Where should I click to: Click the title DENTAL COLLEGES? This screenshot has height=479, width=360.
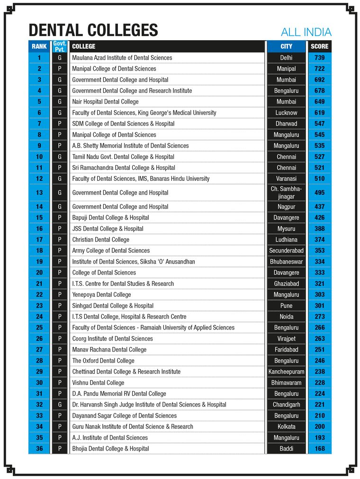coord(93,31)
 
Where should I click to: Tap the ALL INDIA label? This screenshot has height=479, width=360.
coord(306,32)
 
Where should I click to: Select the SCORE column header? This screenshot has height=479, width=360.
coord(319,46)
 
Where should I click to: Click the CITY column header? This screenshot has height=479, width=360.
coord(286,46)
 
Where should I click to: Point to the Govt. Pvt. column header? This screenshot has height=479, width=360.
coord(60,46)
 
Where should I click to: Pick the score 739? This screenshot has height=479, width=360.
coord(319,58)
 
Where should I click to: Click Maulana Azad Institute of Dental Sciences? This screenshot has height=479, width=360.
coord(122,58)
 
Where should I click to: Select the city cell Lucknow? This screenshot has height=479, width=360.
coord(286,113)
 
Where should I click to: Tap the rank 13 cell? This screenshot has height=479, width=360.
coord(39,193)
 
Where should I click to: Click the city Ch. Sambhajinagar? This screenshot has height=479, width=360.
coord(286,193)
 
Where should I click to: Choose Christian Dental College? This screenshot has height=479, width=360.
coord(100,239)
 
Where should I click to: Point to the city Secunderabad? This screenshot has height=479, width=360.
coord(286,250)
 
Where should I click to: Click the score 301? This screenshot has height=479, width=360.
coord(319,305)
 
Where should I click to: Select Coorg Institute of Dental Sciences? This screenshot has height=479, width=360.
coord(112,338)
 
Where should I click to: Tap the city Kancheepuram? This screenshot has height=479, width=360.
coord(286,372)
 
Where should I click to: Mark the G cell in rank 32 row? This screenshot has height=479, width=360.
coord(60,405)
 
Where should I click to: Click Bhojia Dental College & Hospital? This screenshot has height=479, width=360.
coord(110,449)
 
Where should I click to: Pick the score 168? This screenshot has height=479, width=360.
coord(319,449)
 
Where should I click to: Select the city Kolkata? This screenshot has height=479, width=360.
coord(286,426)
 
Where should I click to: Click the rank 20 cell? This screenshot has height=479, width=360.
coord(39,273)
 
